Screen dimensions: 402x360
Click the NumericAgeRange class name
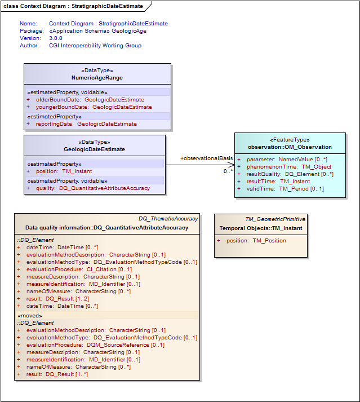(97, 78)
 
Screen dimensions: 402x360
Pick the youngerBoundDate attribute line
(94, 107)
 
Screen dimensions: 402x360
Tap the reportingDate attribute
(86, 123)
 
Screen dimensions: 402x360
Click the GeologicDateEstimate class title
(94, 149)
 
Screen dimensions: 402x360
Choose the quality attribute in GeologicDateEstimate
(93, 188)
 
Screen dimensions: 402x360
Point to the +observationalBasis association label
(206, 158)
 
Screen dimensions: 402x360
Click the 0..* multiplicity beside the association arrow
(228, 171)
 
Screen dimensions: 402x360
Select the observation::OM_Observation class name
(290, 147)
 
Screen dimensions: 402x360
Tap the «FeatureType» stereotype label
(290, 140)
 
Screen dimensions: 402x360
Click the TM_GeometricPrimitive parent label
(275, 219)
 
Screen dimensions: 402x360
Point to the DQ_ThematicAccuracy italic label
(168, 219)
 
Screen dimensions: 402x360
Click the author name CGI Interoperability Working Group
(95, 46)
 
